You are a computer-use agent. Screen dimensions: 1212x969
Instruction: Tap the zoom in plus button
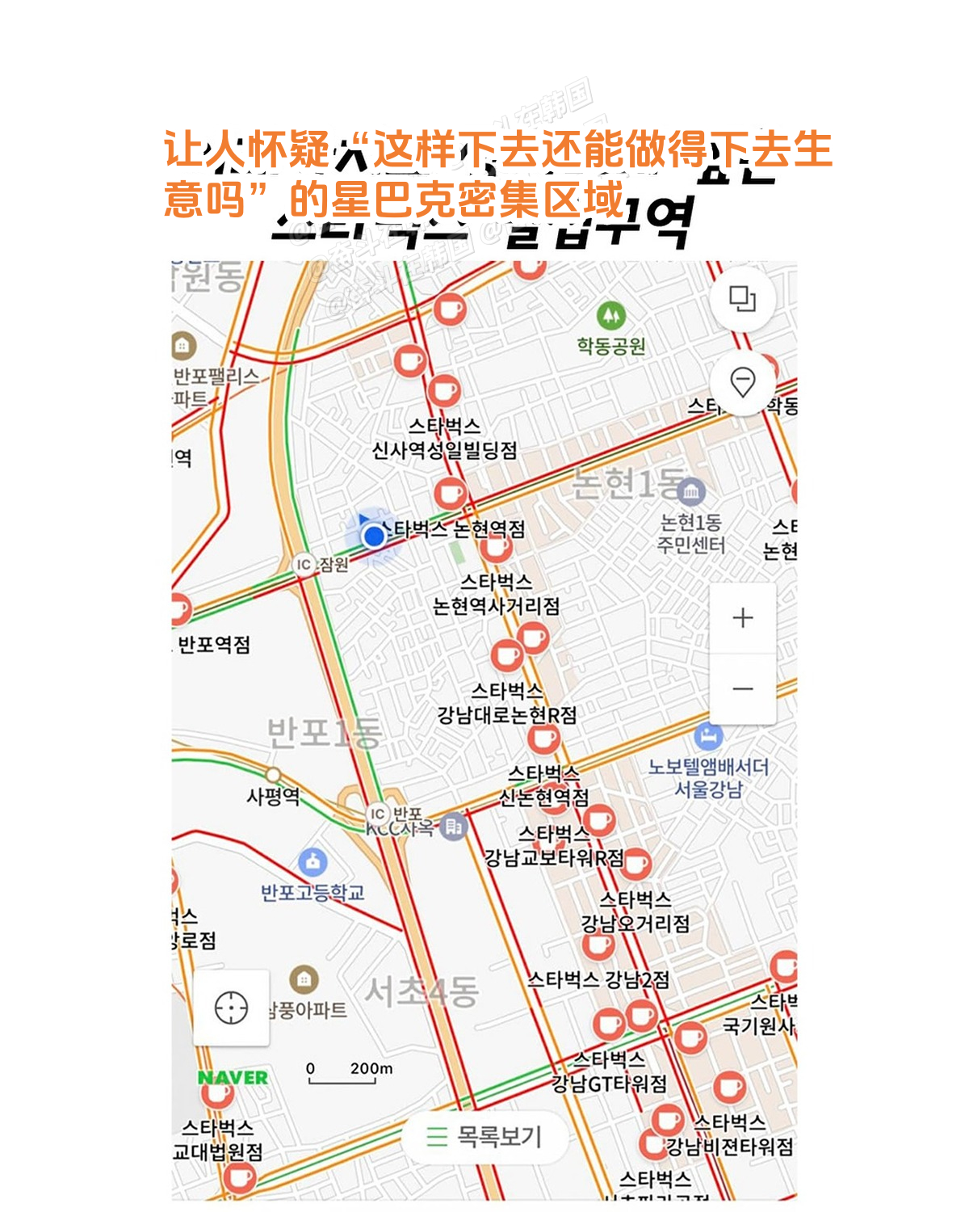pos(742,618)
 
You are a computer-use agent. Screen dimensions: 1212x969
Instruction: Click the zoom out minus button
pos(742,688)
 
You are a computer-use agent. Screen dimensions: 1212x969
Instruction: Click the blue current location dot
pos(373,536)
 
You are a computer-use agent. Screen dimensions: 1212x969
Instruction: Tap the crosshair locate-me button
pos(232,1008)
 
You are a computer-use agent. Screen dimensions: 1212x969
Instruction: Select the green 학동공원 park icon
pos(610,314)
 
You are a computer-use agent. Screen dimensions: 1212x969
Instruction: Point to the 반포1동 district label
pos(324,733)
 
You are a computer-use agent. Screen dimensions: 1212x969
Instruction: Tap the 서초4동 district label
pos(421,991)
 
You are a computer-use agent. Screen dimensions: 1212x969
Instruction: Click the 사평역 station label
pos(273,797)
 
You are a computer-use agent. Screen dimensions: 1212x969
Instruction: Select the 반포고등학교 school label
pos(313,893)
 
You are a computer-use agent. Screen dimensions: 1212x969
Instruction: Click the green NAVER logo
pos(233,1078)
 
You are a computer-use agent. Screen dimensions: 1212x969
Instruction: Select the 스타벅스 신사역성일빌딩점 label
pos(444,438)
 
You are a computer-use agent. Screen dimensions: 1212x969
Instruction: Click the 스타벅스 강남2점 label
pos(598,980)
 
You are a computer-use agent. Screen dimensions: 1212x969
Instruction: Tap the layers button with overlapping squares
pos(742,299)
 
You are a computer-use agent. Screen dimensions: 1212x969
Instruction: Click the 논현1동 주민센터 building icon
pos(691,491)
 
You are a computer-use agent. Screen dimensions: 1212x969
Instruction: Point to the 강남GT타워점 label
pos(609,1083)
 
